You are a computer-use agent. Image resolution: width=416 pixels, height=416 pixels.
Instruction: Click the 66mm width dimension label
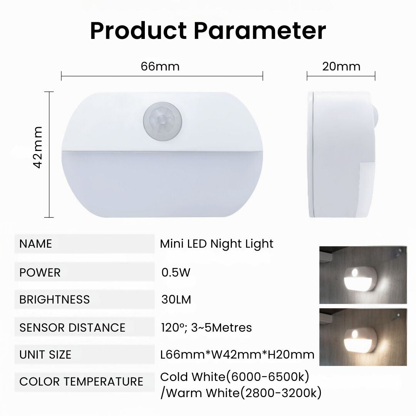click(x=160, y=66)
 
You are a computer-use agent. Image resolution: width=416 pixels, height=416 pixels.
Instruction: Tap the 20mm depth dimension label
click(x=341, y=66)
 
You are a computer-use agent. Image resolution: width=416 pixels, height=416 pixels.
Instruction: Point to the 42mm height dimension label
click(x=38, y=148)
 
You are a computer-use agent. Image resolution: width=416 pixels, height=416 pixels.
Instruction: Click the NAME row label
click(x=35, y=244)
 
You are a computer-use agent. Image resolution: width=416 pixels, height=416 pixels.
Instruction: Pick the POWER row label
click(x=40, y=272)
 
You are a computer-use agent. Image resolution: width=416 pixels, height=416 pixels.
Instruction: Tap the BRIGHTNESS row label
click(x=54, y=299)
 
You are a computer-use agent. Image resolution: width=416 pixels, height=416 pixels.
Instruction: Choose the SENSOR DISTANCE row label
click(x=72, y=327)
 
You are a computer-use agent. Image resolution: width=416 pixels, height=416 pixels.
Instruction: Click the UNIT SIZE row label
click(x=45, y=354)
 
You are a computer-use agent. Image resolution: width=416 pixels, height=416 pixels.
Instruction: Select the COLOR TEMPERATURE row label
click(x=81, y=381)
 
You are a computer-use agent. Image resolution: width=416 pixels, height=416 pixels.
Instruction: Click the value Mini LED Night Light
click(x=216, y=244)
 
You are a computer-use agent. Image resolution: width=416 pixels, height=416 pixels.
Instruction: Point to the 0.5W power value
click(x=176, y=272)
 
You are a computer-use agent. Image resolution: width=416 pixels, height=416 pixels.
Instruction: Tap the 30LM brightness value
click(x=176, y=299)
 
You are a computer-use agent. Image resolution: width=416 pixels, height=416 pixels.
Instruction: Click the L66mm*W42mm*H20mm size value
click(x=237, y=354)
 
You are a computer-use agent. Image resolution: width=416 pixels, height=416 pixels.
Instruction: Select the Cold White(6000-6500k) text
click(x=235, y=376)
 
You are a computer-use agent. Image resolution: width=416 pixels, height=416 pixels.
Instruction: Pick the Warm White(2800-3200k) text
click(x=241, y=394)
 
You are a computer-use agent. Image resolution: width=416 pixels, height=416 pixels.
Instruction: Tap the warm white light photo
click(x=363, y=336)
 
